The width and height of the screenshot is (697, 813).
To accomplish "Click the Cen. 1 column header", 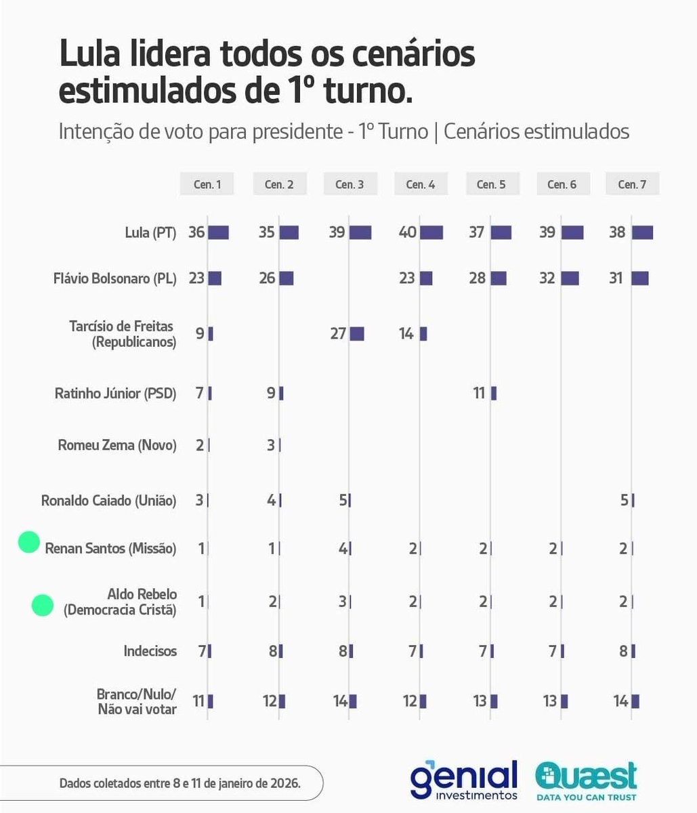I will point(207,184).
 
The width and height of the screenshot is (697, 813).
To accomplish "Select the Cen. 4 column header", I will point(420,184).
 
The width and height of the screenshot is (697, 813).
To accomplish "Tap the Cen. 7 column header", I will point(631,184).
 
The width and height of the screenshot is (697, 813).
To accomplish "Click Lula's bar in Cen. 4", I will point(431,233).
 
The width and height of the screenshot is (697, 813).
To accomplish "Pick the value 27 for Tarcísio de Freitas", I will point(338,333).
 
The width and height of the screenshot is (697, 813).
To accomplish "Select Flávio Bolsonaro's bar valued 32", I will point(570,278).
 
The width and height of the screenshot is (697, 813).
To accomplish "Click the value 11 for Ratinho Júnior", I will point(479,393).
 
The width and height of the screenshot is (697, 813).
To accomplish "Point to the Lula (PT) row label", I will point(150,233).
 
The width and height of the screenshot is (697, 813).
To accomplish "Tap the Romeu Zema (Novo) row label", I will point(117,445).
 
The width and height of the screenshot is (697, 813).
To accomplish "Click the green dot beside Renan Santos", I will point(28,542).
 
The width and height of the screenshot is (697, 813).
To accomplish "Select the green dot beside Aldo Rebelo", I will point(42,605).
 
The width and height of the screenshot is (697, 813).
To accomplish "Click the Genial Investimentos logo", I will point(463,780).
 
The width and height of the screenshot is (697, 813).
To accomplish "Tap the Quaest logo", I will point(586,780).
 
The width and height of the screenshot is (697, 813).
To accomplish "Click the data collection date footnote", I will point(179,783).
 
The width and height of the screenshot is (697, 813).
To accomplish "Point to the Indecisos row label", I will point(150,651).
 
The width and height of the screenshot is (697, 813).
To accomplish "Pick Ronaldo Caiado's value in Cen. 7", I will point(625,501).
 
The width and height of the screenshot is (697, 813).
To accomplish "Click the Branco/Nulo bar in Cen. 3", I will point(353,701).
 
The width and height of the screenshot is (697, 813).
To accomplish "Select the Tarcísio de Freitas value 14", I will point(406,333).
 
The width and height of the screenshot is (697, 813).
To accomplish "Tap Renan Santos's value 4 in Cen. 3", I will point(343,548).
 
